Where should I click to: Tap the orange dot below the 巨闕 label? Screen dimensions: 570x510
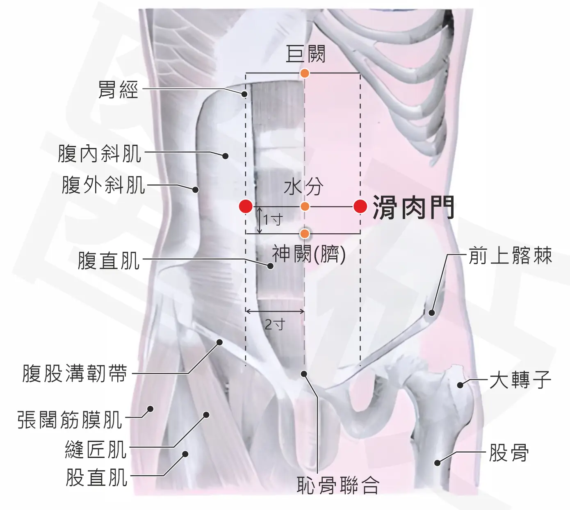pos(304,73)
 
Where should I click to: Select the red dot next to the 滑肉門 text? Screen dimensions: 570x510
pos(360,207)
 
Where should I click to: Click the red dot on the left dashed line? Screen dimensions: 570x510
pos(246,207)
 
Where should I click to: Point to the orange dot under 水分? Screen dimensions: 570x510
pos(305,207)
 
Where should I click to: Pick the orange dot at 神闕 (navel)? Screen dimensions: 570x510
pos(305,234)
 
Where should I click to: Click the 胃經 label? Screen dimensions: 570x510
pos(118,89)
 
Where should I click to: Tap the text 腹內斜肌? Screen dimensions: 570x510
pos(99,154)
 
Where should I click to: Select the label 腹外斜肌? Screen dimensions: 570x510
pos(103,185)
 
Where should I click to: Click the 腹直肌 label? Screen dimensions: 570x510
pos(109,260)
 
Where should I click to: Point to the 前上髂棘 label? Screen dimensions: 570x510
pos(510,255)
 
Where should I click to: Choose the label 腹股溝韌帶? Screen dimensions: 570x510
pos(75,373)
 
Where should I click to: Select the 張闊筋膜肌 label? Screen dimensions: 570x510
pos(70,419)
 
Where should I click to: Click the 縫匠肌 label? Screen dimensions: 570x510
pos(96,449)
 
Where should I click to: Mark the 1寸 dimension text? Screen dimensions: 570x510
pos(273,219)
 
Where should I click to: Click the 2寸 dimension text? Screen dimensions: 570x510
pos(275,325)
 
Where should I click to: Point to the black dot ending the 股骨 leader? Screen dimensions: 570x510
pos(437,463)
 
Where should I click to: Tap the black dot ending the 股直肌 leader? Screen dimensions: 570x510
pos(185,454)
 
